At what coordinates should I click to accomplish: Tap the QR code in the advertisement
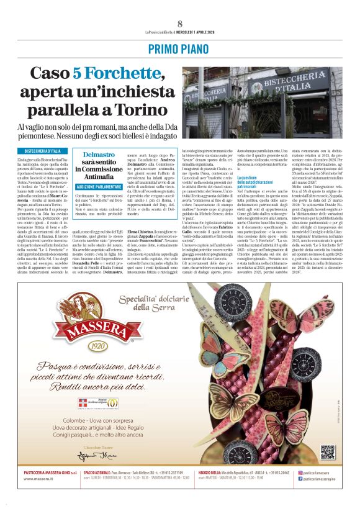click(327, 452)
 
